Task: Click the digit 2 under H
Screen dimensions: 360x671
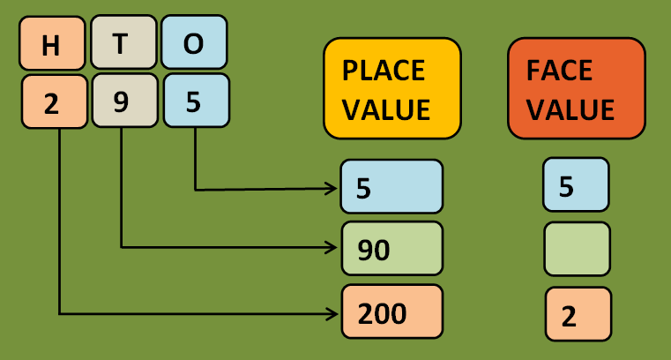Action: pos(52,103)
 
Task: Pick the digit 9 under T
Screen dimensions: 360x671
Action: pos(123,103)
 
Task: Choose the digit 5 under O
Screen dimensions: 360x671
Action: pos(195,103)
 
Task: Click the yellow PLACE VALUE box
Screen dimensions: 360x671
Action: pos(391,88)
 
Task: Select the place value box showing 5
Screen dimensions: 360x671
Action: pos(391,186)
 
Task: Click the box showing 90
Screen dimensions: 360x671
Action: pos(391,250)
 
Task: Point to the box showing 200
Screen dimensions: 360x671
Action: pos(391,312)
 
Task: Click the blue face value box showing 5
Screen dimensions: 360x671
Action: pos(576,185)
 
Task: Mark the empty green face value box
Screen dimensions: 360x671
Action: pos(577,250)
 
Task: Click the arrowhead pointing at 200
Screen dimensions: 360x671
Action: pos(335,312)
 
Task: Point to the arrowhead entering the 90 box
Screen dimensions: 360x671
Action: pos(335,247)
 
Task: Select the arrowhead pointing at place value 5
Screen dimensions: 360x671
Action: pos(335,188)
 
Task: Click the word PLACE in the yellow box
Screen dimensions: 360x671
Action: pos(383,70)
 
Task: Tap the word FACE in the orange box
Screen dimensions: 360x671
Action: pos(560,70)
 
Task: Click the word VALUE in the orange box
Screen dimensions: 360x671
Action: pos(570,109)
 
